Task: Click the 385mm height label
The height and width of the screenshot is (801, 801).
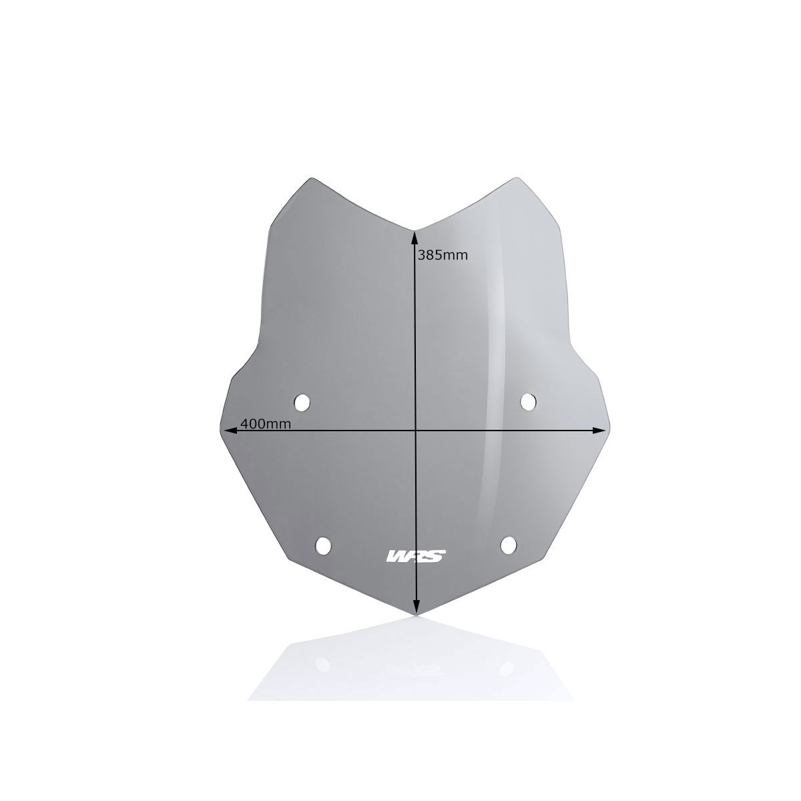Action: click(x=443, y=255)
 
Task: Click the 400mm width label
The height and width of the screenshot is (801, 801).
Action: click(x=266, y=424)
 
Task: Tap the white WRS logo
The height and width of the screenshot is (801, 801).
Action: click(x=416, y=556)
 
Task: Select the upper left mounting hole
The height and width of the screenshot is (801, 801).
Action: click(x=302, y=403)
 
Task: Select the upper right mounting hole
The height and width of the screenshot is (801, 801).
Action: click(x=528, y=402)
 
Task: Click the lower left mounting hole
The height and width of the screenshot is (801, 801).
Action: click(x=323, y=546)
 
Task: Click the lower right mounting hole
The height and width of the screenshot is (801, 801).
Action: click(x=509, y=545)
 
